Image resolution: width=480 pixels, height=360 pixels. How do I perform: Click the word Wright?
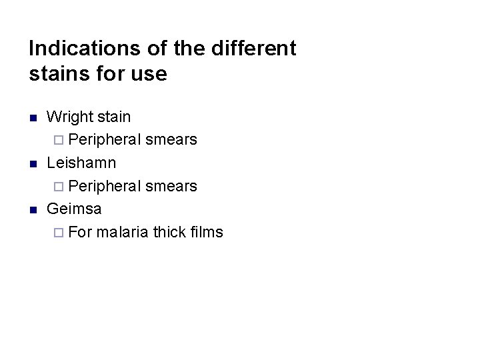click(69, 117)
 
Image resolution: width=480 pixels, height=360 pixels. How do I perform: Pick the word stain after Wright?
click(113, 117)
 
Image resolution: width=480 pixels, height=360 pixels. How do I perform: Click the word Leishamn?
click(81, 163)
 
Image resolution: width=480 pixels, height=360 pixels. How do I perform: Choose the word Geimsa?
click(74, 209)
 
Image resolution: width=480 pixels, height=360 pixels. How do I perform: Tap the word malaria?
click(122, 232)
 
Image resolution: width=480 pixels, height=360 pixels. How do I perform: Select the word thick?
click(170, 232)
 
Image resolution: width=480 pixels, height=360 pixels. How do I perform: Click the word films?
click(207, 232)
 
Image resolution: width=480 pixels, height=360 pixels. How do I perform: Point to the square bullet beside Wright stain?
click(32, 118)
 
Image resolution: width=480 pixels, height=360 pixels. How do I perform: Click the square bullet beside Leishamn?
click(32, 164)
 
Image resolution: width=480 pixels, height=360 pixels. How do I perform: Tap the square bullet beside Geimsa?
click(32, 210)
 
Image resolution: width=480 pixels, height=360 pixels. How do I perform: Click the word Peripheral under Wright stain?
click(105, 140)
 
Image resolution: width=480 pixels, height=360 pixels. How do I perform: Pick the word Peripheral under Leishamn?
click(105, 186)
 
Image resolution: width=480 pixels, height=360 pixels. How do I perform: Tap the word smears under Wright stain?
click(171, 140)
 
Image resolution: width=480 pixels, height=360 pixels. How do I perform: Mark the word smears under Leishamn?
click(171, 186)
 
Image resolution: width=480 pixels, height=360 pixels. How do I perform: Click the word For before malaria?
click(80, 232)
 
